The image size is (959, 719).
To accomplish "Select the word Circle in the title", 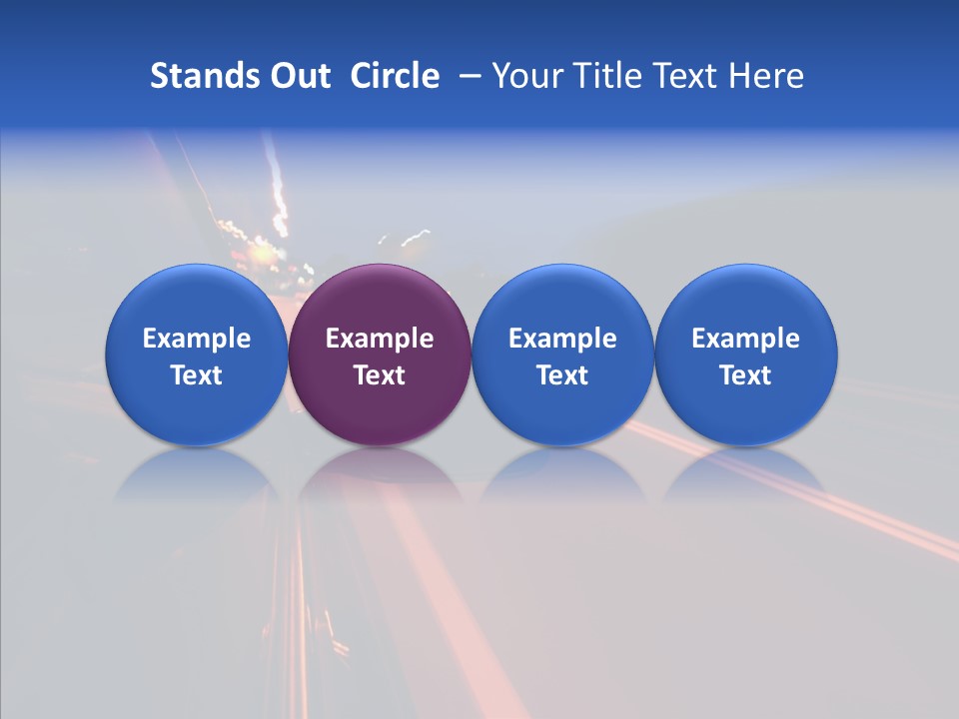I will (x=395, y=76).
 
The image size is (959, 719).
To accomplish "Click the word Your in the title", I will (x=524, y=76).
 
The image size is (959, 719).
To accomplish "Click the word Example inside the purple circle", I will (x=380, y=339).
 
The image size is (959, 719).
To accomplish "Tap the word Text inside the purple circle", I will (x=380, y=375).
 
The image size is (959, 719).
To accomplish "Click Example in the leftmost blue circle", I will (x=196, y=339).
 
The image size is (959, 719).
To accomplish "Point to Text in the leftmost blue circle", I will (x=196, y=375).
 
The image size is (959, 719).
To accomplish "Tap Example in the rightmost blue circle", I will (x=746, y=339).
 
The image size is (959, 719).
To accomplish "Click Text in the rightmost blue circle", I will (x=746, y=375).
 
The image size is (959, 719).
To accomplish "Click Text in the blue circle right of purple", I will (x=562, y=375).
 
